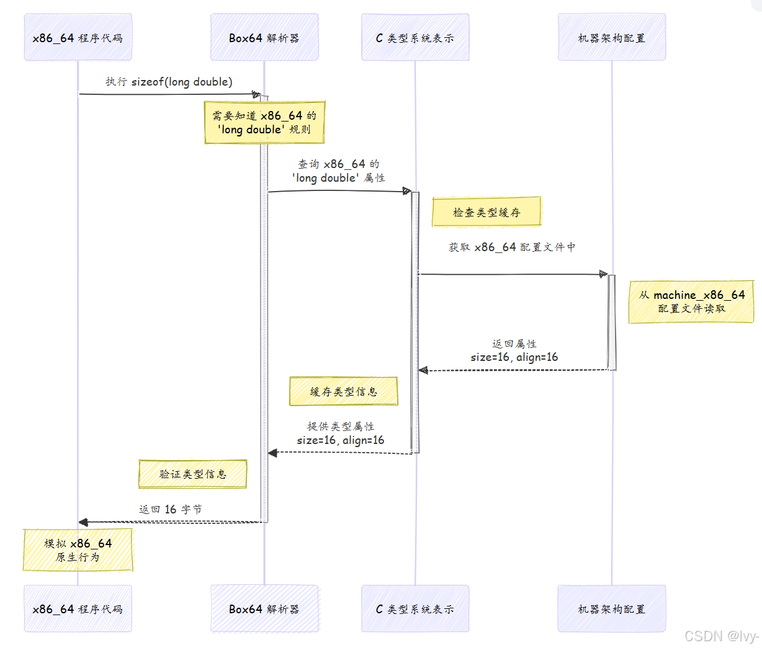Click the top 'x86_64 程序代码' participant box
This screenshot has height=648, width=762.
pyautogui.click(x=78, y=38)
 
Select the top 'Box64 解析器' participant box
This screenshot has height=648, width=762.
pyautogui.click(x=264, y=38)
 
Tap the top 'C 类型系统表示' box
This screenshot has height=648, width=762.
pyautogui.click(x=415, y=38)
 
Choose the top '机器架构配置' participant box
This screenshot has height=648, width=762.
pyautogui.click(x=612, y=38)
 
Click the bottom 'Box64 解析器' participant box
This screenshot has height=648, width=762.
pyautogui.click(x=264, y=609)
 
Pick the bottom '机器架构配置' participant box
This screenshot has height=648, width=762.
pyautogui.click(x=612, y=609)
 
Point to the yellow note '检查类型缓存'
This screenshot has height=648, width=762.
pyautogui.click(x=486, y=212)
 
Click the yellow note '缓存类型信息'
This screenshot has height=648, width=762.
pyautogui.click(x=343, y=391)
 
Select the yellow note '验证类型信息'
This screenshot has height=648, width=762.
pyautogui.click(x=192, y=474)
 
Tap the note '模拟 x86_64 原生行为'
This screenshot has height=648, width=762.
pyautogui.click(x=78, y=550)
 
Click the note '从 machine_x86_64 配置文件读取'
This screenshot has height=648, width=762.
pyautogui.click(x=691, y=302)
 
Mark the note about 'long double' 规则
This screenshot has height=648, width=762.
pyautogui.click(x=264, y=123)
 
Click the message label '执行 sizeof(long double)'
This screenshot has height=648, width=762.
pyautogui.click(x=169, y=82)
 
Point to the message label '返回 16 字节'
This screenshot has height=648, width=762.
pyautogui.click(x=170, y=509)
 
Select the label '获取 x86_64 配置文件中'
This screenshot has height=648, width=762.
pyautogui.click(x=512, y=247)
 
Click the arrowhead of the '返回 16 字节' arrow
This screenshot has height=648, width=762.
pyautogui.click(x=83, y=522)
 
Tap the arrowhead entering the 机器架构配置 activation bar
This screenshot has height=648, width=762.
pyautogui.click(x=603, y=274)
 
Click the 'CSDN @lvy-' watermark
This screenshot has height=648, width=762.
pyautogui.click(x=722, y=636)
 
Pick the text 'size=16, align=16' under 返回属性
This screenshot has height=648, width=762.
pyautogui.click(x=514, y=357)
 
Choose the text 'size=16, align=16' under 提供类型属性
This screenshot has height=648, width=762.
pyautogui.click(x=340, y=440)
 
